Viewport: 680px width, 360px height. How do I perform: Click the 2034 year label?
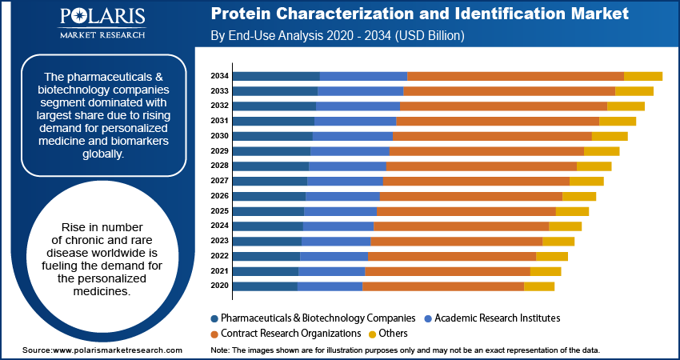[219, 76]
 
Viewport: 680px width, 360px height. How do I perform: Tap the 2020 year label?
[219, 286]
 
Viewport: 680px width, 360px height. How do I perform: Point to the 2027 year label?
[219, 181]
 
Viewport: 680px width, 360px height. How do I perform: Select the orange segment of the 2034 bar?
[515, 76]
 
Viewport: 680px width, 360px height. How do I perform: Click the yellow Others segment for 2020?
[538, 286]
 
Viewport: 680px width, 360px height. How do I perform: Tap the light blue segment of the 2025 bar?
[340, 211]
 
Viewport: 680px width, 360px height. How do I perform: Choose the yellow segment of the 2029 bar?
[602, 151]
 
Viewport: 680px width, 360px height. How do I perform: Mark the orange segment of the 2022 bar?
[451, 256]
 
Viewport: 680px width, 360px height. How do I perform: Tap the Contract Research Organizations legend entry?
[290, 333]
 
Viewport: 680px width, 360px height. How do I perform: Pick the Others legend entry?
[393, 333]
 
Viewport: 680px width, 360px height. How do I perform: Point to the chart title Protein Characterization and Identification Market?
[419, 14]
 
